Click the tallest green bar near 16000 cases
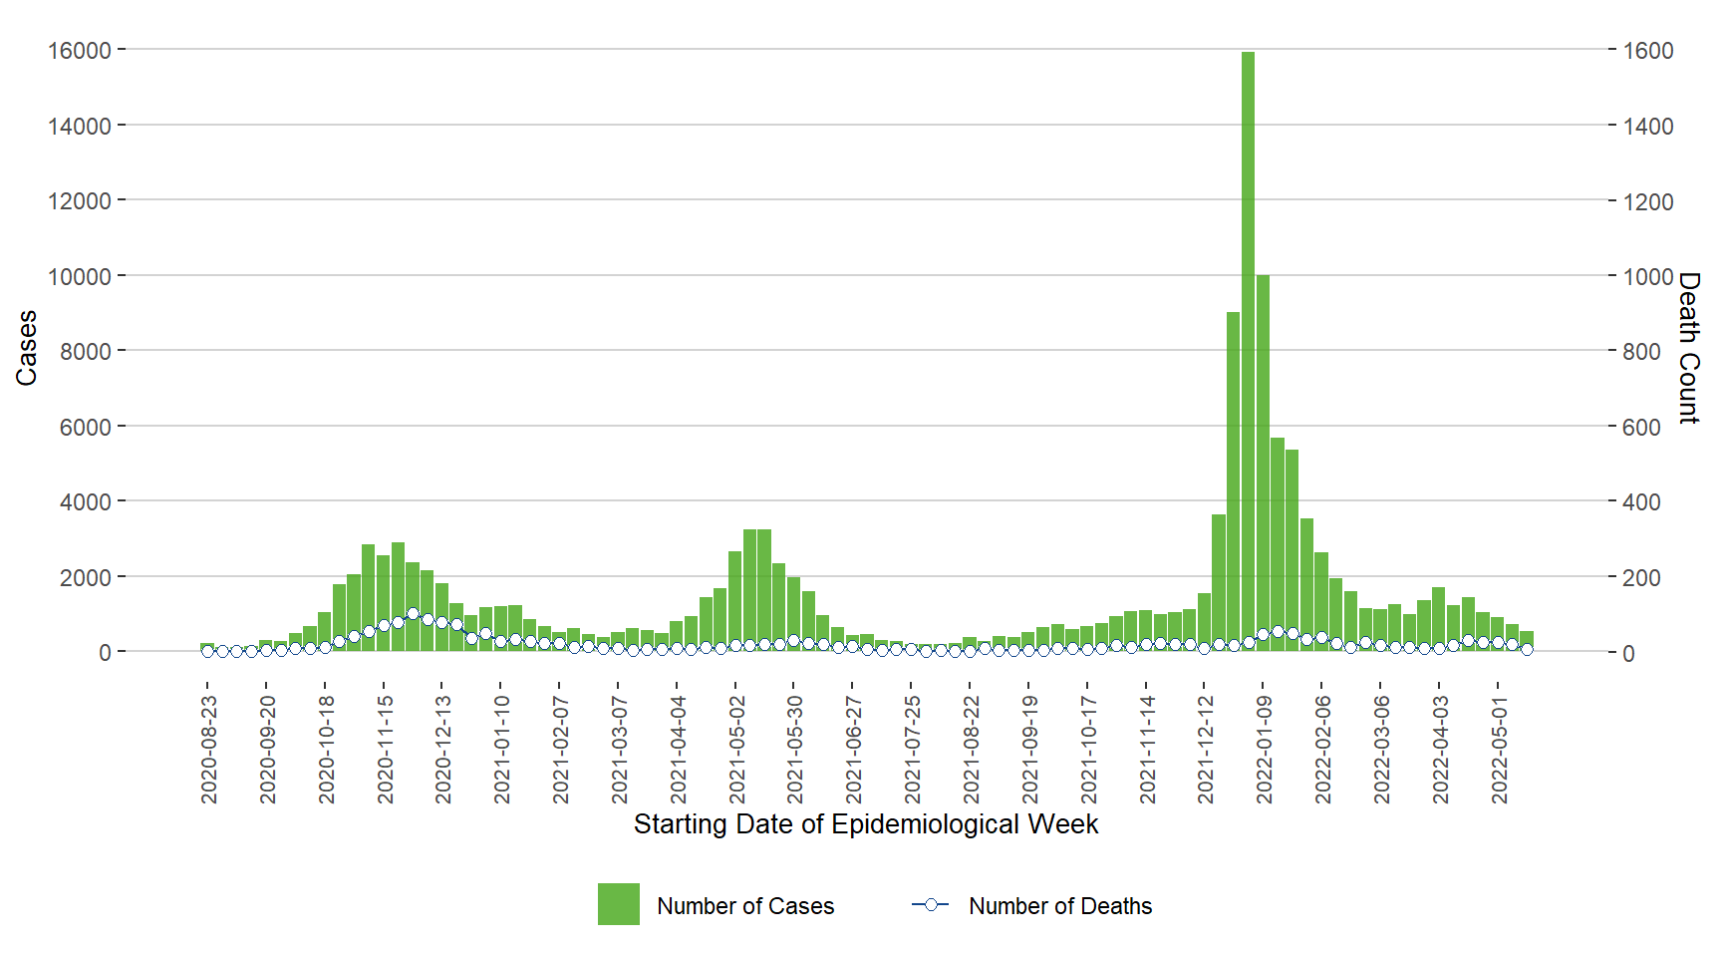tap(1248, 349)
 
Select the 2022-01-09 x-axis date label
tap(1264, 750)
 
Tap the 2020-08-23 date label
tap(208, 750)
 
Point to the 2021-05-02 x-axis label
tap(736, 750)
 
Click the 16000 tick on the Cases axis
tap(80, 50)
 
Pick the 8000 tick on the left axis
tap(86, 351)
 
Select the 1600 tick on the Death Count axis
tap(1648, 50)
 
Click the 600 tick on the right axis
tap(1642, 427)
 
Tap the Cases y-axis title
tap(26, 348)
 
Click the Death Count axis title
tap(1688, 348)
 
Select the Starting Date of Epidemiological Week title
tap(865, 824)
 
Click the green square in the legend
tap(618, 904)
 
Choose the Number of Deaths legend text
tap(1060, 906)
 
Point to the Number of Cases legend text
tap(745, 906)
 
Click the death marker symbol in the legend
tap(930, 904)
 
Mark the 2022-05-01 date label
tap(1499, 750)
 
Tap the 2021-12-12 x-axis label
tap(1205, 750)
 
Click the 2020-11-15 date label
tap(385, 750)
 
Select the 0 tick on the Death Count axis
tap(1628, 653)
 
